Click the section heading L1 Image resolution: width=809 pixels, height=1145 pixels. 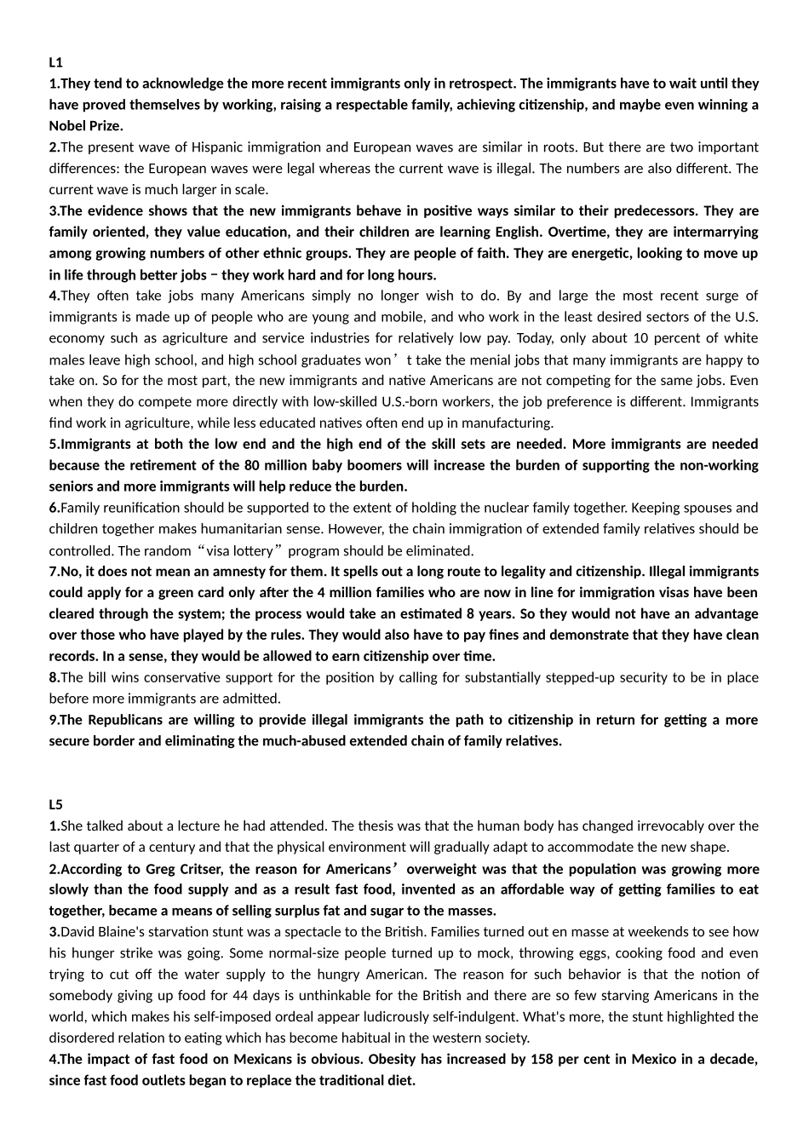[x=55, y=62]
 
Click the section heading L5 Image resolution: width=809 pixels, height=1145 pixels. [x=55, y=804]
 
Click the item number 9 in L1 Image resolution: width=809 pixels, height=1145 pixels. [x=53, y=720]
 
